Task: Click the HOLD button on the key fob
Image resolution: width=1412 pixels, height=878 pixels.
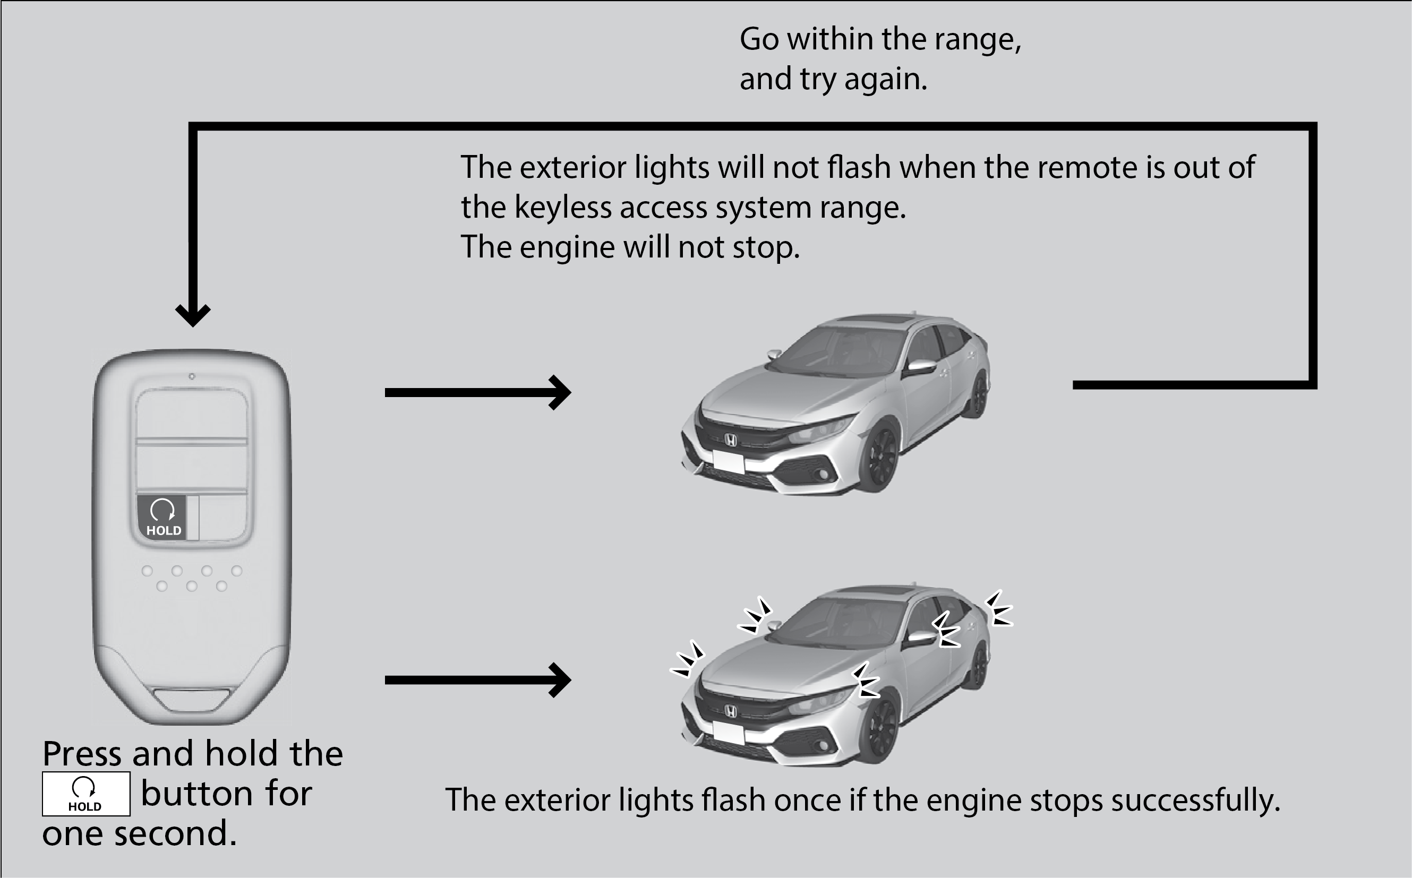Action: click(x=162, y=518)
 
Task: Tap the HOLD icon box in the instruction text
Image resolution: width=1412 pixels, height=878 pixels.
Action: click(x=86, y=794)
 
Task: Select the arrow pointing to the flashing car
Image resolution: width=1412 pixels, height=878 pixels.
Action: click(x=477, y=680)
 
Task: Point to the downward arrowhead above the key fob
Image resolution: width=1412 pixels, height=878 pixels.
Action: click(x=193, y=315)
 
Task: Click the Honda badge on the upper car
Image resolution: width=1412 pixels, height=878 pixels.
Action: click(x=731, y=441)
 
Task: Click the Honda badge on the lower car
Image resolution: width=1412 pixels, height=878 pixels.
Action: click(x=731, y=711)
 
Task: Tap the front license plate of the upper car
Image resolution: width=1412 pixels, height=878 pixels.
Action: click(x=729, y=462)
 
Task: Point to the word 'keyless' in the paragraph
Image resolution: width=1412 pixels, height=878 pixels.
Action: click(x=562, y=208)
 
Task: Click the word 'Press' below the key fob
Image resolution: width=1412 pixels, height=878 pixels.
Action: click(x=82, y=754)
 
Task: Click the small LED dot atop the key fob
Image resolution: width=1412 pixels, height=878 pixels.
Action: click(x=192, y=376)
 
